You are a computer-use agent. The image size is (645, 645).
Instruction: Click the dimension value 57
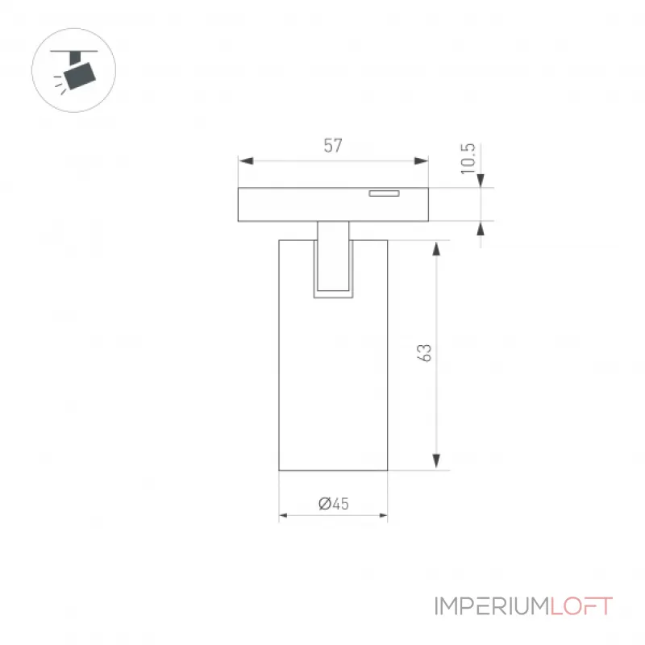point(333,146)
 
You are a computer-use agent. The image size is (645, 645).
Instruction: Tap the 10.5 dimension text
point(468,159)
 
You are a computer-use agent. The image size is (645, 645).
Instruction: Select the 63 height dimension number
point(424,353)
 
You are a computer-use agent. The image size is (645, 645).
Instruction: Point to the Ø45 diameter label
point(334,503)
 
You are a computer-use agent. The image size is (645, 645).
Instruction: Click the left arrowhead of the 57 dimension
point(246,160)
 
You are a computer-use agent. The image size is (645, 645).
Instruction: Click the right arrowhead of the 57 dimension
point(421,160)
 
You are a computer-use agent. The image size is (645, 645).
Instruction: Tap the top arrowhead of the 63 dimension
point(436,249)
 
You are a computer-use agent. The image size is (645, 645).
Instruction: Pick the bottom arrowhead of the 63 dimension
point(436,461)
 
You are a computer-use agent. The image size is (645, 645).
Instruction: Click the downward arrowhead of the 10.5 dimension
point(481,181)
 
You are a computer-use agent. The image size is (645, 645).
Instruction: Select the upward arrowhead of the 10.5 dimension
point(481,228)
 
